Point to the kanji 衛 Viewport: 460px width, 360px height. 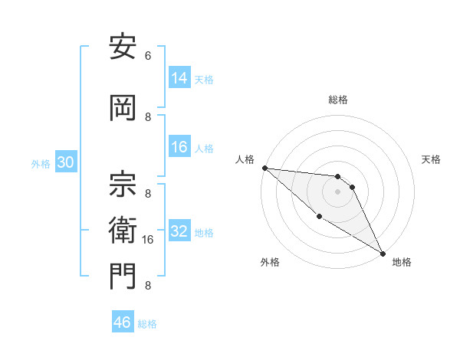[x=123, y=227]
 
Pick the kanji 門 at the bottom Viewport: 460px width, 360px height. [x=123, y=275]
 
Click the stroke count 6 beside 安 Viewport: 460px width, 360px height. [x=148, y=56]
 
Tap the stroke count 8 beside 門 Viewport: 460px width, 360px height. [x=148, y=286]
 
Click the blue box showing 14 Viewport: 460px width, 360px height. [x=179, y=78]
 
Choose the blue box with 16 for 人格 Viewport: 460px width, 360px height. [x=179, y=147]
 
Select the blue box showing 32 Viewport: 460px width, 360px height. [x=179, y=231]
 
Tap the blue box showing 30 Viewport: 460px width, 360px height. [x=64, y=162]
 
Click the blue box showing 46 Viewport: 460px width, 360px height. [x=123, y=322]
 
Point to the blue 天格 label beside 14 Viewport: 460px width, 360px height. [x=204, y=80]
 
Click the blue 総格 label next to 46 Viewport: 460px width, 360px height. [x=147, y=324]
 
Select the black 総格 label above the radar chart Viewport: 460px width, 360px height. [x=338, y=100]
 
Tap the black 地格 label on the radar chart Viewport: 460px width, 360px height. [x=402, y=262]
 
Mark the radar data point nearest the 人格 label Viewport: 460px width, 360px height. [x=264, y=168]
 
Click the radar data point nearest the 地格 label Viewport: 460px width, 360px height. [x=383, y=253]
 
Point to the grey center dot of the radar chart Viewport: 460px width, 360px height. [x=337, y=191]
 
